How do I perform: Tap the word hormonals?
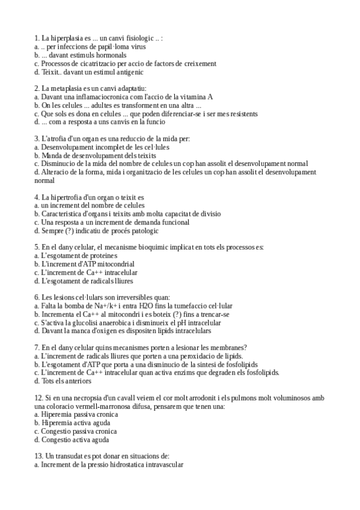[118, 55]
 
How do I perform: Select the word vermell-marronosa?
[116, 406]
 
